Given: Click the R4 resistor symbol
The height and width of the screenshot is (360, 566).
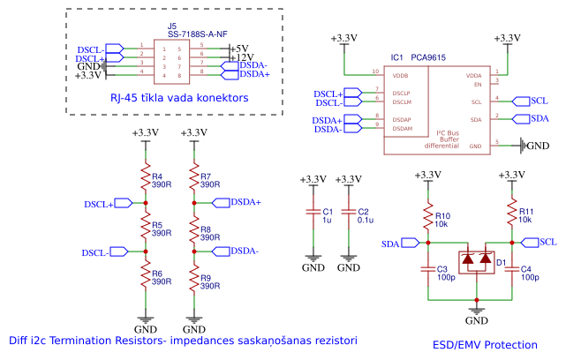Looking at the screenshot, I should (x=146, y=181).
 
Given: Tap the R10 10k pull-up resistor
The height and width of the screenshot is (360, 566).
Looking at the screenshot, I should (x=426, y=216).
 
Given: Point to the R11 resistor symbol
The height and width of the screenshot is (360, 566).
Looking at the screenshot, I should (x=510, y=216).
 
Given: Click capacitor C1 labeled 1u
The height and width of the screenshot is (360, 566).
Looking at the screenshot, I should (x=311, y=213).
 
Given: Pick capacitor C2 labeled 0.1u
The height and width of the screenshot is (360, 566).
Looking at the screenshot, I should (x=350, y=213).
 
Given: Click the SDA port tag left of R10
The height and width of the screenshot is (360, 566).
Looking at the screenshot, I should (x=391, y=243).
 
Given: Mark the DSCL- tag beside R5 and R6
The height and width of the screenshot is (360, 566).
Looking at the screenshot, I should (x=96, y=253).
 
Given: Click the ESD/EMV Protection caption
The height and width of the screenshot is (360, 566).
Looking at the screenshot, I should (x=486, y=345).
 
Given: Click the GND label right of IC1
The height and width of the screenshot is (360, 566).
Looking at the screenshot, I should (x=537, y=145).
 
